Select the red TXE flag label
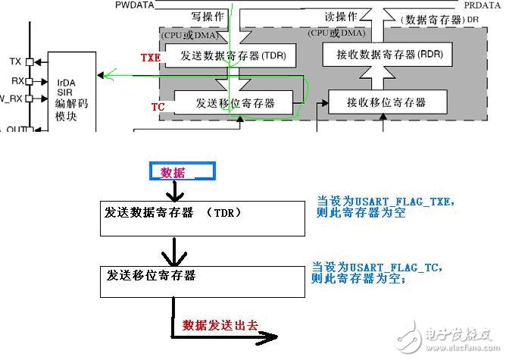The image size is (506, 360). [150, 58]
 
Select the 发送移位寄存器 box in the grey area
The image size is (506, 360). [234, 103]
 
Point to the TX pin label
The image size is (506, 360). [15, 61]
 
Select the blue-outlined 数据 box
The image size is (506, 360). [173, 173]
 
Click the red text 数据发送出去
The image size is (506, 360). [220, 325]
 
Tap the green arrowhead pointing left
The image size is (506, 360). [108, 74]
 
